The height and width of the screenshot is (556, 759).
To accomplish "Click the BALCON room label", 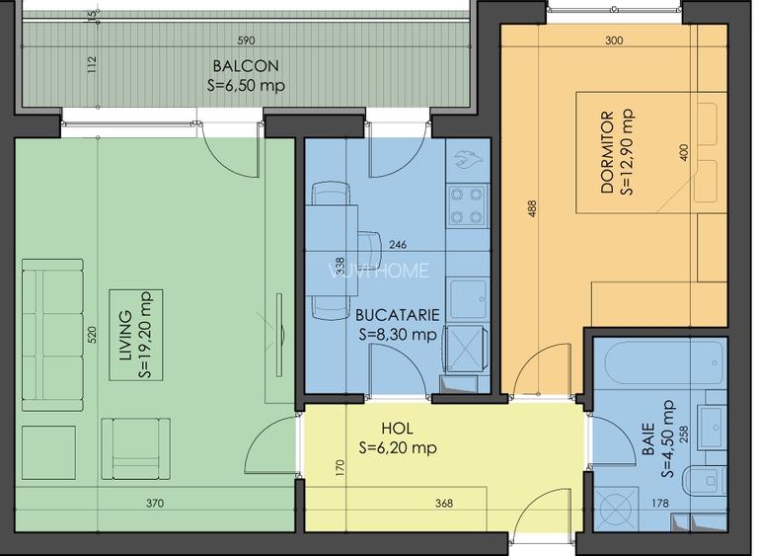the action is tap(246, 65).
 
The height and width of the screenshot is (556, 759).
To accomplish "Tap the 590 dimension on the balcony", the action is tap(246, 40).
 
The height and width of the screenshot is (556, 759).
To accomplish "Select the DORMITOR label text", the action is tap(607, 152).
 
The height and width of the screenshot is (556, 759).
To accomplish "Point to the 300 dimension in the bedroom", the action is tap(614, 40).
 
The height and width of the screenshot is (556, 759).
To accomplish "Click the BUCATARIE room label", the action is tap(398, 315).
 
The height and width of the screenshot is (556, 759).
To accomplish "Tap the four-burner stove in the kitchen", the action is tap(467, 205).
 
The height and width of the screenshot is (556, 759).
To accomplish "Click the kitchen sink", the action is tap(468, 299).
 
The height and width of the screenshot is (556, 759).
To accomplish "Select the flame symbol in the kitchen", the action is tap(467, 159).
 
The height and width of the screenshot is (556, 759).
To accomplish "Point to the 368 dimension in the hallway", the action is tap(444, 504).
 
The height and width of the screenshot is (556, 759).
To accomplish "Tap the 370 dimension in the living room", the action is tap(155, 504).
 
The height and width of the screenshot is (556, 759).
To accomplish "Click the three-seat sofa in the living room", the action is tap(52, 335).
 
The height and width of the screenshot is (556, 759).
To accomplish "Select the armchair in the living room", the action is tap(136, 449).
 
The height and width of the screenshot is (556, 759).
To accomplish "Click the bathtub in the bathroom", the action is tap(660, 363).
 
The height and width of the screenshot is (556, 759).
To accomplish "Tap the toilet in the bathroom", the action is tap(704, 481).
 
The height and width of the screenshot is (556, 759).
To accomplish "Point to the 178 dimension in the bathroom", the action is tap(659, 504).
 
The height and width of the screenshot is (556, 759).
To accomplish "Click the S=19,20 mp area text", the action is tap(145, 335).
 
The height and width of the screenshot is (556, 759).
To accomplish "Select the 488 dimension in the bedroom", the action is tap(532, 208).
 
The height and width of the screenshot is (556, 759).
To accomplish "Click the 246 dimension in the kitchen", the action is tap(398, 244).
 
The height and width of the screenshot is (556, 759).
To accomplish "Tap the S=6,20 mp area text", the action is tap(398, 448).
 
